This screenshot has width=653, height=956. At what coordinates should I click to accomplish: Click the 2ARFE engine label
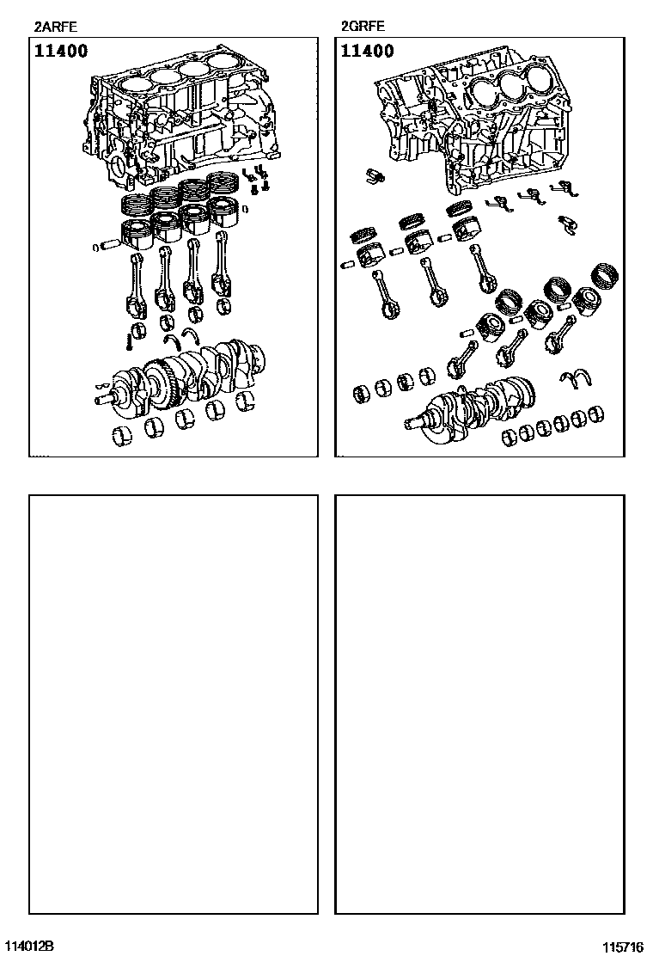point(56,27)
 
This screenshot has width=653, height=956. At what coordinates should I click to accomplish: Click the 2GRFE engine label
point(363,27)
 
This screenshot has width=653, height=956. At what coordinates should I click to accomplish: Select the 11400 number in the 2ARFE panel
point(61,51)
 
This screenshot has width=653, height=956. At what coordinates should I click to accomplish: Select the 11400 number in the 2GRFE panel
point(368,51)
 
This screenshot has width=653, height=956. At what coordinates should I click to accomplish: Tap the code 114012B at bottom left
point(29,946)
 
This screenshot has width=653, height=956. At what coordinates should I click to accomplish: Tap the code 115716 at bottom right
point(623,947)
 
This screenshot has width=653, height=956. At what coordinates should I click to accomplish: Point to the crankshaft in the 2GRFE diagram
point(470,406)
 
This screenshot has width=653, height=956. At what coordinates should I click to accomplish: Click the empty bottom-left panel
point(174,704)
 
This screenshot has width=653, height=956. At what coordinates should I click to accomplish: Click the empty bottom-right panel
point(480,704)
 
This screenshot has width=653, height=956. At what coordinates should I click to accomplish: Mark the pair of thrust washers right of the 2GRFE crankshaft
point(576,378)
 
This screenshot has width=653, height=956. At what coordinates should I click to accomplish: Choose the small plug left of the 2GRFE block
point(375,176)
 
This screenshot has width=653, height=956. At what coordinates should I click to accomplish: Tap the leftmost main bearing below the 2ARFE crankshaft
point(122,434)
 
